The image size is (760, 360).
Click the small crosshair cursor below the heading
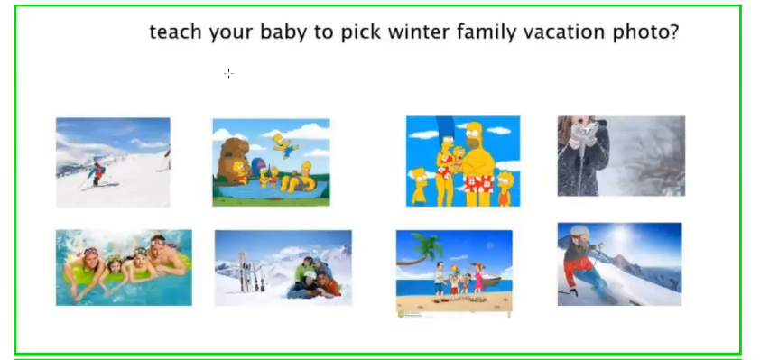pyautogui.click(x=228, y=74)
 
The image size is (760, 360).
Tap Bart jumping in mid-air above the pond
pyautogui.click(x=284, y=145)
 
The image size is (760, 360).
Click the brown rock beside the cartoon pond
pyautogui.click(x=231, y=160)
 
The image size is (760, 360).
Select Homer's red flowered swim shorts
pyautogui.click(x=479, y=184)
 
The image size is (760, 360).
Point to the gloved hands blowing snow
pyautogui.click(x=585, y=134)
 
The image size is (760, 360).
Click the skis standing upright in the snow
pyautogui.click(x=251, y=272)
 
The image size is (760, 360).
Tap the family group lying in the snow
pyautogui.click(x=314, y=278)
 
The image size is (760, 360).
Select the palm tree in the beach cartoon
pyautogui.click(x=421, y=251)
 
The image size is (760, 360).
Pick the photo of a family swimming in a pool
pyautogui.click(x=124, y=268)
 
